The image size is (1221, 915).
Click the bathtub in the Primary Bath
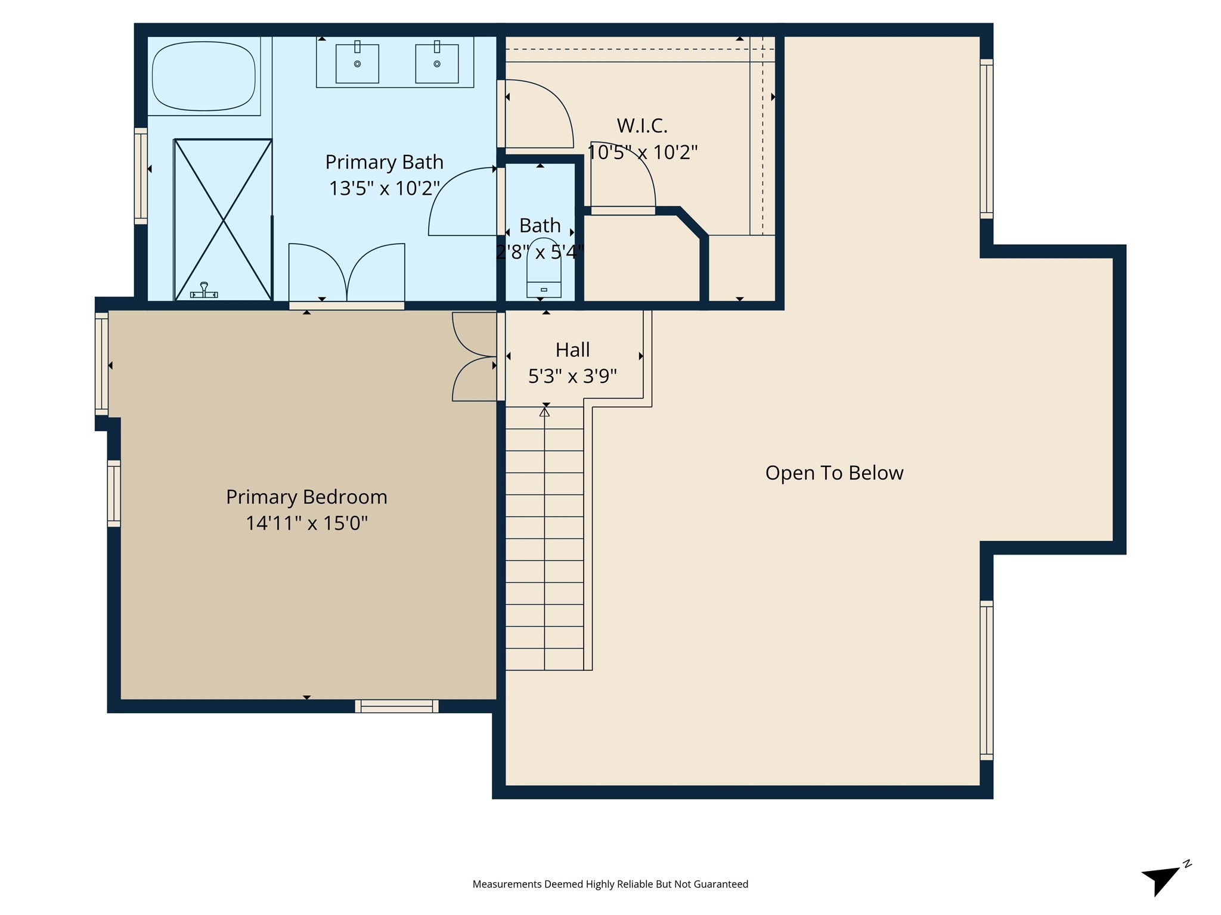click(x=204, y=76)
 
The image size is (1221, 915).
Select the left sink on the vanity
click(x=357, y=63)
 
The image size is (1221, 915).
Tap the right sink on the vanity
click(x=437, y=63)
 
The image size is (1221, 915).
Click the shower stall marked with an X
click(x=223, y=220)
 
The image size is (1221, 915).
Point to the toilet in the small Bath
click(x=544, y=281)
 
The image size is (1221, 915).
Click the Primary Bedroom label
click(x=306, y=497)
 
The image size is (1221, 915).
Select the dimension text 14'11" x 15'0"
click(x=306, y=523)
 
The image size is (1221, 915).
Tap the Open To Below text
click(x=834, y=473)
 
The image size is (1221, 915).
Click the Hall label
click(x=572, y=350)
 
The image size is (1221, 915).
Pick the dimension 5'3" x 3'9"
click(x=572, y=376)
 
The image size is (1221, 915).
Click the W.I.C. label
click(x=642, y=126)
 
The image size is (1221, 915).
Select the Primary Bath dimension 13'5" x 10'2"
click(x=384, y=188)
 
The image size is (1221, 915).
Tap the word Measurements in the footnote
click(x=507, y=884)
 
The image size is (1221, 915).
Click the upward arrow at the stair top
click(x=544, y=412)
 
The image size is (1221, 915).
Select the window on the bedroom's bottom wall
click(x=396, y=706)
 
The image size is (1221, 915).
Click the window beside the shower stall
click(x=141, y=176)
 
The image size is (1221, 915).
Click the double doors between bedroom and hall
click(x=475, y=356)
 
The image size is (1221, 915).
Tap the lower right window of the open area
click(x=987, y=680)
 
